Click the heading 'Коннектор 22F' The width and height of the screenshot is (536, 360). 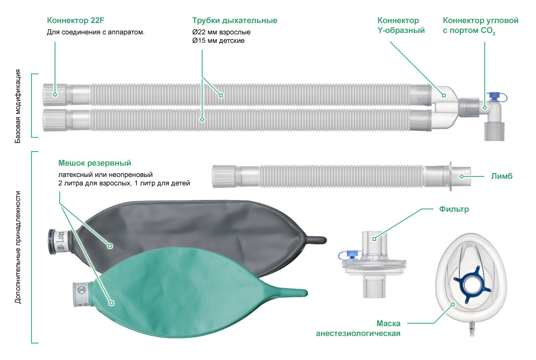coord(76,21)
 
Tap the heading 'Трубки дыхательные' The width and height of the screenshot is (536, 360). coord(235,21)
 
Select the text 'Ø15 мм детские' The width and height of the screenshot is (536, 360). coord(219,41)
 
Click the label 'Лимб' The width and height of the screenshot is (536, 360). coord(502,176)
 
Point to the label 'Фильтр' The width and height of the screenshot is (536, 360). coord(454,209)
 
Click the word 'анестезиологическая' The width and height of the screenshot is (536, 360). coord(358,333)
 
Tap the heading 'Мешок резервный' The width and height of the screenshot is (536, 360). coord(95,163)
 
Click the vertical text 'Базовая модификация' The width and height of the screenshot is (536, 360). coord(18,106)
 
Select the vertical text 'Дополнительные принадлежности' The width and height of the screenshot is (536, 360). coord(18,247)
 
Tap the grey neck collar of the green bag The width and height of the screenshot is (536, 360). coord(82,294)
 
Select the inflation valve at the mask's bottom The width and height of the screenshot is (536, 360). coord(472,328)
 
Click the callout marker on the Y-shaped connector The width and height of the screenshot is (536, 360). coord(444,96)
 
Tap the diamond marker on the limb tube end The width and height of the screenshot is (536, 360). coord(462,176)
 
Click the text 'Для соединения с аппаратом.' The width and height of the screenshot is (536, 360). coord(96,32)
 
